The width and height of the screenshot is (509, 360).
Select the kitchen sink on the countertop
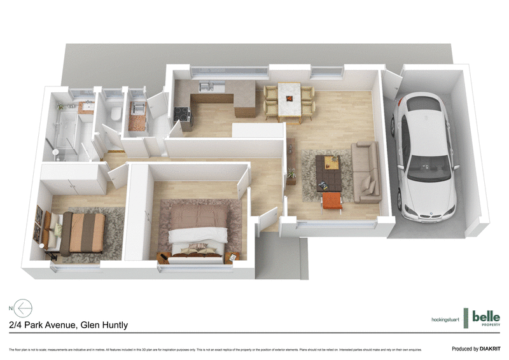205,88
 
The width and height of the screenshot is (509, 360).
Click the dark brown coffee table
330,172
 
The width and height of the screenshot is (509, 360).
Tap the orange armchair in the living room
332,200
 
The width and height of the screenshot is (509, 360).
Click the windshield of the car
426,168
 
